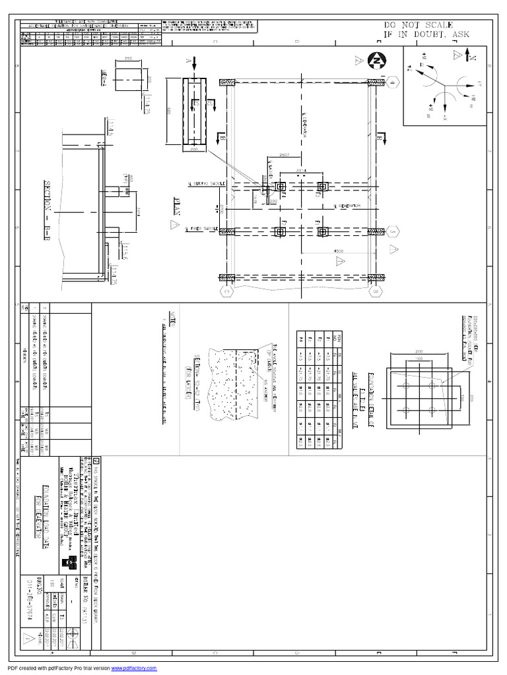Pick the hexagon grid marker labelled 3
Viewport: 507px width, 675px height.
tap(392, 232)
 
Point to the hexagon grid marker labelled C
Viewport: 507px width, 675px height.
tap(226, 290)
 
